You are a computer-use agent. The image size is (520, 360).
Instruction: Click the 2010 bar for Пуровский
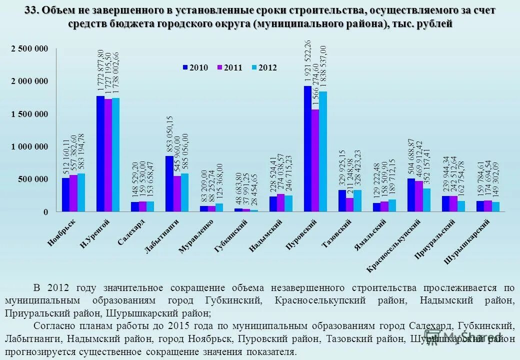pyautogui.click(x=307, y=149)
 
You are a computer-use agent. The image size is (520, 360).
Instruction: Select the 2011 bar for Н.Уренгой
pyautogui.click(x=108, y=155)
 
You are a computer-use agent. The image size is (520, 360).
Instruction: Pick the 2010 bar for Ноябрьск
pyautogui.click(x=65, y=195)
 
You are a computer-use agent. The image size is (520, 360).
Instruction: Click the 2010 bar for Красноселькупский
pyautogui.click(x=411, y=195)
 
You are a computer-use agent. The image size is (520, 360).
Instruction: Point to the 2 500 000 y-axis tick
pyautogui.click(x=29, y=48)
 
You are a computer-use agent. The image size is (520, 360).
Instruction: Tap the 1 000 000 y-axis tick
pyautogui.click(x=29, y=146)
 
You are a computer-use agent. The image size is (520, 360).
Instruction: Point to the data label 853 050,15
pyautogui.click(x=169, y=135)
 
